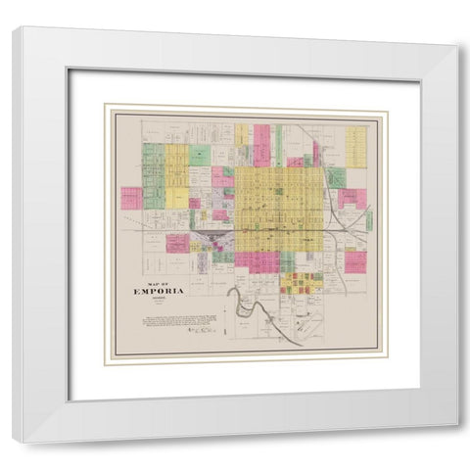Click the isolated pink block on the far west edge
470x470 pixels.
tap(131, 198)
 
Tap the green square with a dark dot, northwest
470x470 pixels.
tap(200, 155)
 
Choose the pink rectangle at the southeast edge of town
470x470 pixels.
tap(354, 261)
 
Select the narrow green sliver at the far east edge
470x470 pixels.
tap(369, 219)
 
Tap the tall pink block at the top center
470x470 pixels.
tap(261, 144)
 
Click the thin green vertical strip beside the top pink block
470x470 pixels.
tap(278, 144)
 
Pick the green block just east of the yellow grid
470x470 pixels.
tap(335, 177)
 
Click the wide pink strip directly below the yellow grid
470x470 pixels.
tap(257, 261)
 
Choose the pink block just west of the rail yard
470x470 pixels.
tap(177, 243)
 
